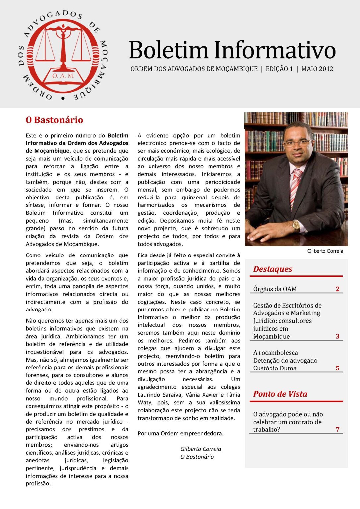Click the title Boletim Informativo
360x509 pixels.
pos(232,50)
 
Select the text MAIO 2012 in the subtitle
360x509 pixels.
pos(317,69)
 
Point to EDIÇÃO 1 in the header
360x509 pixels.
pos(279,69)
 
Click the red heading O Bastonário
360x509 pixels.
pos(54,120)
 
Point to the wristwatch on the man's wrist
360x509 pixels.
pos(296,226)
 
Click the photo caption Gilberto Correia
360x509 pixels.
pos(325,251)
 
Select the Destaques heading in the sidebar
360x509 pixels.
pos(272,269)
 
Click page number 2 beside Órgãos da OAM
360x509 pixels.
pos(337,289)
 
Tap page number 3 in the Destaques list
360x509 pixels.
pos(337,336)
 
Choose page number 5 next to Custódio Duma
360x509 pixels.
pos(337,368)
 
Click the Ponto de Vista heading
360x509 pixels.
pos(280,394)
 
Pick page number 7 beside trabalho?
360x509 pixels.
pos(337,429)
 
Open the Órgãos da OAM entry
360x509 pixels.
pos(275,289)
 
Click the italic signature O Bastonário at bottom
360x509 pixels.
pos(197,457)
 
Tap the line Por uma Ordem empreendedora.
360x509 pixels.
pos(180,433)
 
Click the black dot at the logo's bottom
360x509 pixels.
pos(63,98)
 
